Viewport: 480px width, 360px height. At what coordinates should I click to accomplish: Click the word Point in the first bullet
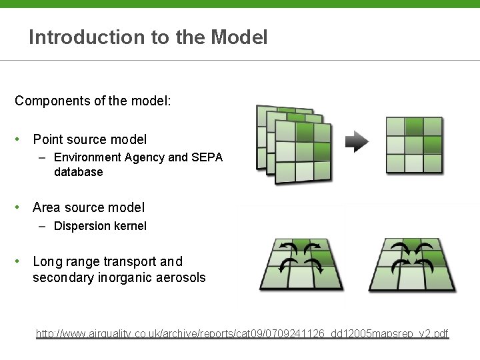[47, 139]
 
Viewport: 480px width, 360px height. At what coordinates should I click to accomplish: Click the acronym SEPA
[207, 157]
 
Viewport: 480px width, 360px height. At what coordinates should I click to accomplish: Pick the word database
[79, 172]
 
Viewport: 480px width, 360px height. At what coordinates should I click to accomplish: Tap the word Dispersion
[82, 226]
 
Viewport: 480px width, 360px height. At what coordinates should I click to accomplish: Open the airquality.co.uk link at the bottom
[243, 333]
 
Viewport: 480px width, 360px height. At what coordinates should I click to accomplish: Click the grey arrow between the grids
[357, 141]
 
